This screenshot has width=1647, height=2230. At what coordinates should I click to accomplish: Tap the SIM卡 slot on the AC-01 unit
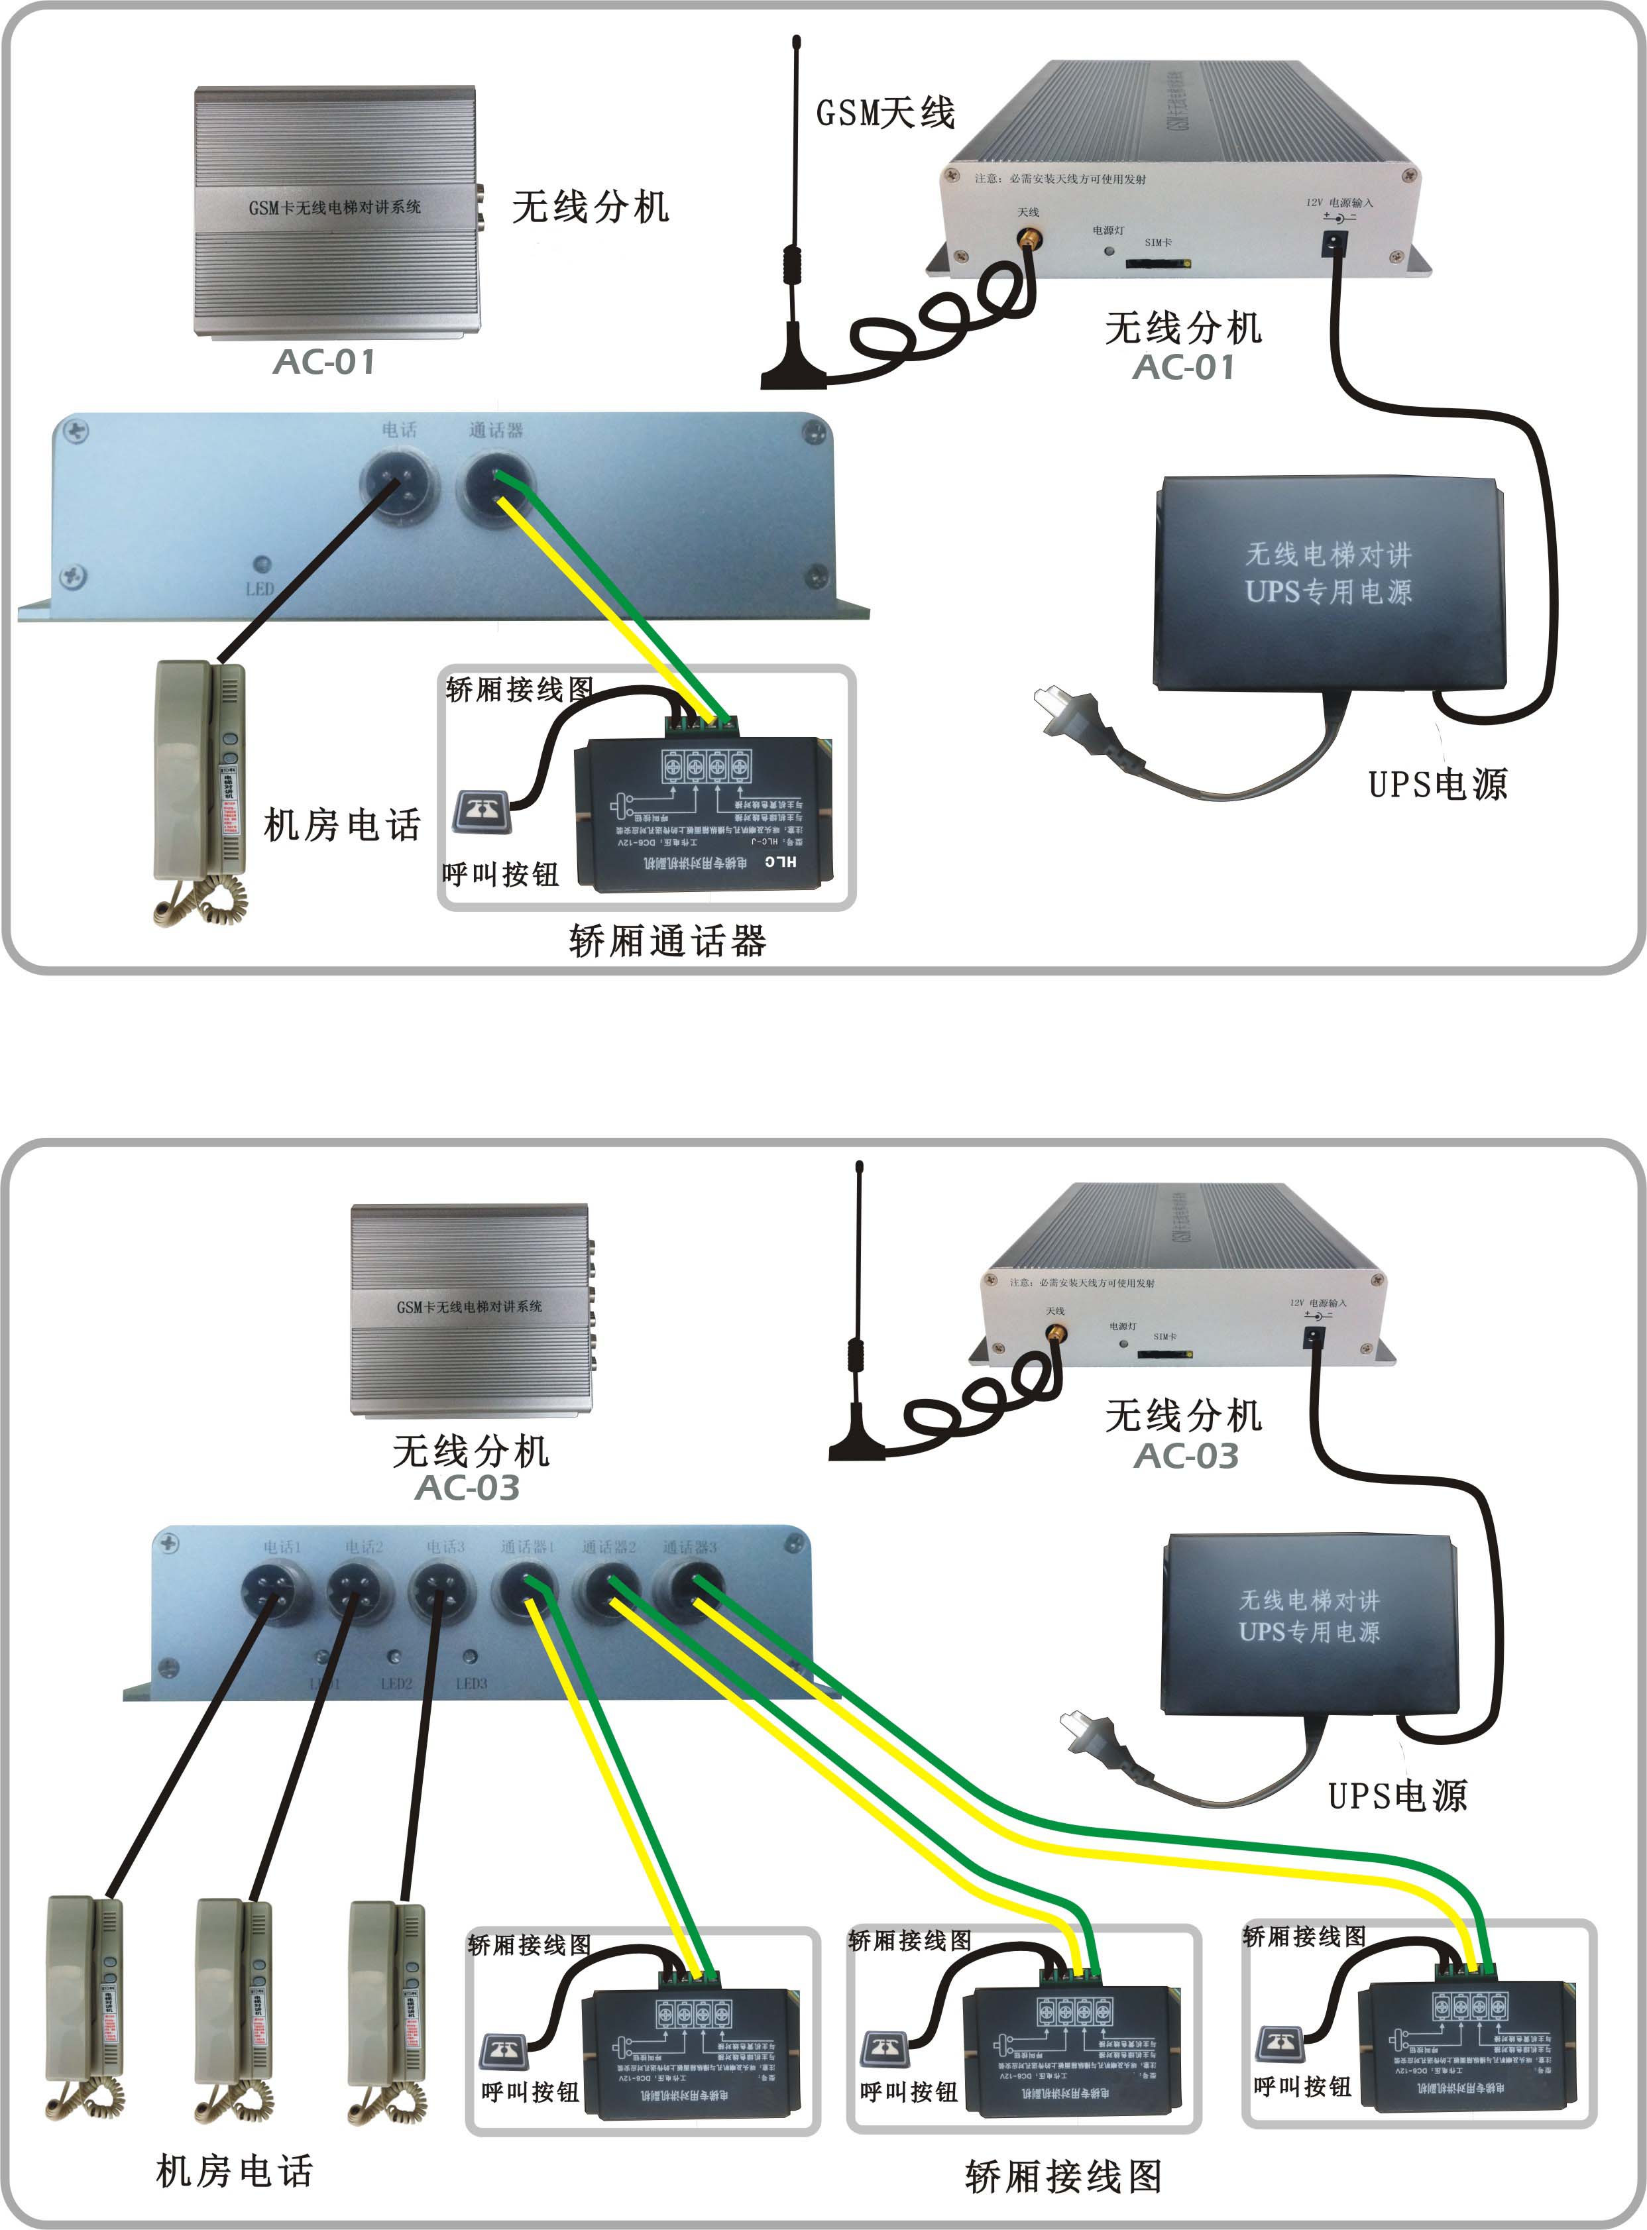(x=1157, y=263)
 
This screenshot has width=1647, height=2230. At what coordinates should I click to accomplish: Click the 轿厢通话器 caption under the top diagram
(x=667, y=940)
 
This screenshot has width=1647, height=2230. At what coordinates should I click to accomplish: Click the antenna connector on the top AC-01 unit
(x=1026, y=239)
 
